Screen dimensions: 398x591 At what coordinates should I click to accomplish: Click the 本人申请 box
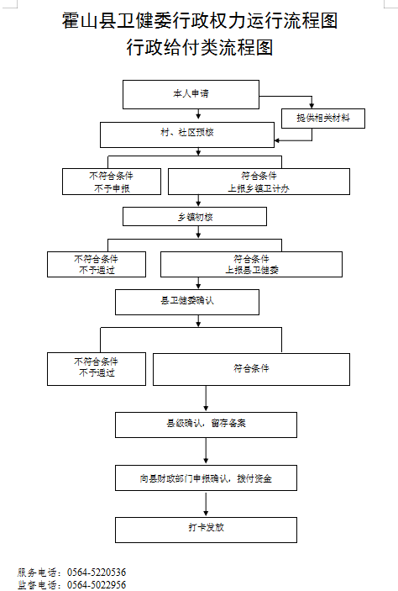[x=191, y=95]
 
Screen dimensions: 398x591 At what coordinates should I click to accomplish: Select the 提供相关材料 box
[x=323, y=119]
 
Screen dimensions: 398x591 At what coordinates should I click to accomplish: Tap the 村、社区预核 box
[x=187, y=135]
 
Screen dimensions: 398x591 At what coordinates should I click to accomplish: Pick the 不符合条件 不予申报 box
[x=112, y=182]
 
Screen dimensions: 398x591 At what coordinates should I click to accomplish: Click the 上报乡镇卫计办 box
[x=259, y=182]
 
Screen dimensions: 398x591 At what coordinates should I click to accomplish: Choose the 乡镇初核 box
[x=195, y=217]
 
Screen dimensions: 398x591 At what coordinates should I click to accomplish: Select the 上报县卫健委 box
[x=251, y=265]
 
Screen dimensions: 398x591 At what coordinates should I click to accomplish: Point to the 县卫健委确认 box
[x=187, y=303]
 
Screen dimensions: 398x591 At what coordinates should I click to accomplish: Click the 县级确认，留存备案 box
[x=206, y=425]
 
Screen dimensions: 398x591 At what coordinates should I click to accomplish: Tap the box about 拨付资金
[x=206, y=478]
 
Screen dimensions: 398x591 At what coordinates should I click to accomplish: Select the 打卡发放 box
[x=206, y=530]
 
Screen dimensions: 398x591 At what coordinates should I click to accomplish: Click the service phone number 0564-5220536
[x=97, y=573]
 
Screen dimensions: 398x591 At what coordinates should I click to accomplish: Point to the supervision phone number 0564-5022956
[x=97, y=585]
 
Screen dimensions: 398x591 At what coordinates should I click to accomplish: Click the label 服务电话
[x=37, y=573]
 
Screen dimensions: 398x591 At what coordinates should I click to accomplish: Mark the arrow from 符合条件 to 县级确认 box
[x=206, y=398]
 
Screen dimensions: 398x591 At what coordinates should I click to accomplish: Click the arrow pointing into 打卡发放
[x=206, y=504]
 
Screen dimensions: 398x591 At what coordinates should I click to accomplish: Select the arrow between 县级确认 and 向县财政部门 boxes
[x=206, y=451]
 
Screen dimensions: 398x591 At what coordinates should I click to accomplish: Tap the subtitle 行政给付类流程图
[x=200, y=47]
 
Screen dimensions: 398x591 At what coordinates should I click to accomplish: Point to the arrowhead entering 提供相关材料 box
[x=312, y=106]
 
